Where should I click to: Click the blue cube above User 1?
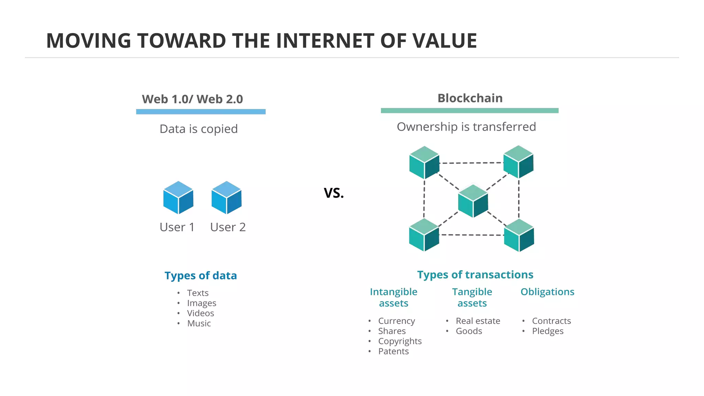(178, 198)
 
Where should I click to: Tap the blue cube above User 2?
(227, 198)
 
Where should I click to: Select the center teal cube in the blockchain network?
(473, 201)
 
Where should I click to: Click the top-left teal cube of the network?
(424, 163)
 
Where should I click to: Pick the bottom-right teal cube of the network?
(519, 235)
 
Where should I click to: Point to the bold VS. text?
(334, 193)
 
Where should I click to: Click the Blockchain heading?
(470, 98)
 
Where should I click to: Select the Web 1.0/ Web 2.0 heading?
(192, 99)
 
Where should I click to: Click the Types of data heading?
(200, 276)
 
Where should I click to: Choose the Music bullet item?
(199, 323)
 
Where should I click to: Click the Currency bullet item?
(396, 321)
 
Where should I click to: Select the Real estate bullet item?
(478, 321)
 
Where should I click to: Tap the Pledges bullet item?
(548, 331)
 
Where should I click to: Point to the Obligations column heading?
(547, 292)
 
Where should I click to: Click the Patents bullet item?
(393, 351)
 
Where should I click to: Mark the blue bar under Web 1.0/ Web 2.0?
(201, 112)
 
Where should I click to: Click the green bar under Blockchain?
(470, 111)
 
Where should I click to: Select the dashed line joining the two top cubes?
(471, 163)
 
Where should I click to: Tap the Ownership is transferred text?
(466, 127)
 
